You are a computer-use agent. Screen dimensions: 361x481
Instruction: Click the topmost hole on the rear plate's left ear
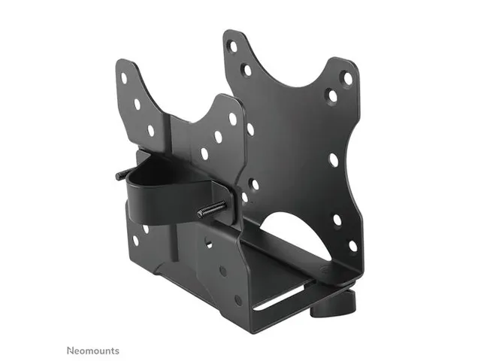pyautogui.click(x=232, y=46)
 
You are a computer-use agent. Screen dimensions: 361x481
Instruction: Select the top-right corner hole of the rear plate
pyautogui.click(x=347, y=77)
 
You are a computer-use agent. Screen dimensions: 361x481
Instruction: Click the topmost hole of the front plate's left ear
pyautogui.click(x=124, y=77)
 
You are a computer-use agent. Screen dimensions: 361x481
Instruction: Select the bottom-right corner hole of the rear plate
pyautogui.click(x=352, y=245)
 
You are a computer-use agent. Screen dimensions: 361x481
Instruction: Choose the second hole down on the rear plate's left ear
pyautogui.click(x=246, y=70)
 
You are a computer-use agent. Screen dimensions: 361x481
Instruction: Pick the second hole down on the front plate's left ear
pyautogui.click(x=137, y=104)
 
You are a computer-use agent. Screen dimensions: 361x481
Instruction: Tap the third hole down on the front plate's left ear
pyautogui.click(x=150, y=130)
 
